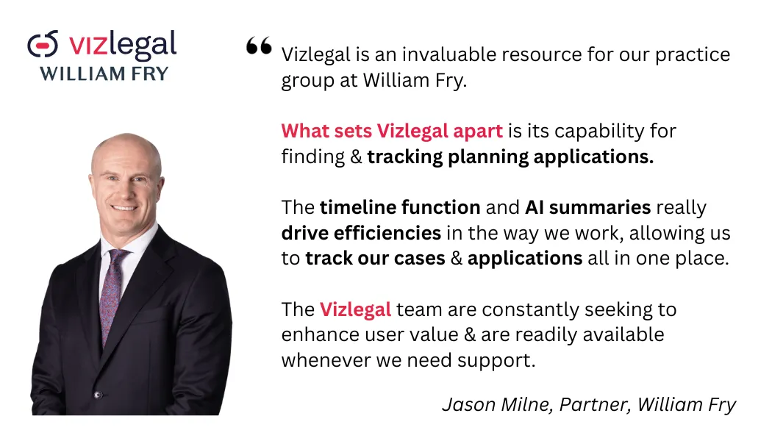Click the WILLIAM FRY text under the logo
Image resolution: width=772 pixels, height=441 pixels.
(104, 73)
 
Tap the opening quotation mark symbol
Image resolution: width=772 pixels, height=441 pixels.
(259, 46)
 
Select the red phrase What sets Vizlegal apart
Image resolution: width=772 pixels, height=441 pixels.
(392, 131)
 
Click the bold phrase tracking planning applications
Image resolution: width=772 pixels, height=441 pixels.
(510, 157)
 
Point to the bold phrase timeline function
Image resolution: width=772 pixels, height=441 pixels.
(400, 207)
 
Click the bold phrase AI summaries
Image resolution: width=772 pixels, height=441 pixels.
(588, 207)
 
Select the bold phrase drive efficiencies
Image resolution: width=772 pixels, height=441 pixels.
(361, 233)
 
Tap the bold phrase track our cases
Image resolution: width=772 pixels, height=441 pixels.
(375, 259)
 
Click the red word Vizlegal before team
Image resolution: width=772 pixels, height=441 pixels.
(355, 309)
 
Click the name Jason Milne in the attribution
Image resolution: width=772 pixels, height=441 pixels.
(498, 404)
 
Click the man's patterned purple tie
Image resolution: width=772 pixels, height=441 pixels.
(112, 295)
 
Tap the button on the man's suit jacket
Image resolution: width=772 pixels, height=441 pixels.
(98, 395)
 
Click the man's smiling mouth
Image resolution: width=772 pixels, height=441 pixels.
(124, 208)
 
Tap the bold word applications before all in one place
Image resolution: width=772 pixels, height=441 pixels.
(525, 259)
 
